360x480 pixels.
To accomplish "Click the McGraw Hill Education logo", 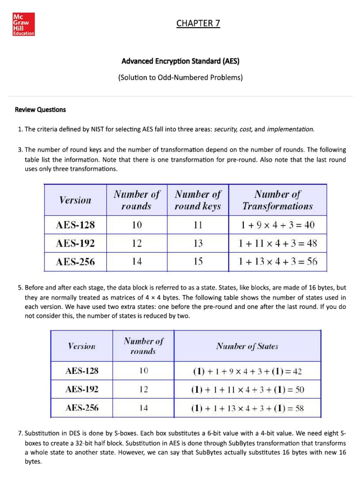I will [x=23, y=24].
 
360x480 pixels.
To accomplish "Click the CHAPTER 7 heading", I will [x=198, y=23].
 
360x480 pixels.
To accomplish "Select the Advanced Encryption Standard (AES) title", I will [x=180, y=61].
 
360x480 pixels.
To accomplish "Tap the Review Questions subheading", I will [x=40, y=110].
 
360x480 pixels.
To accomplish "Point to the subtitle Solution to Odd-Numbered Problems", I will [x=180, y=77].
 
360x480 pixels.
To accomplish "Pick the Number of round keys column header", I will [x=197, y=200].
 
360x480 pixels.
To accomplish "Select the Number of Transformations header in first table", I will [x=277, y=200].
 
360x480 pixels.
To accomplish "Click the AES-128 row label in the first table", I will [x=75, y=225].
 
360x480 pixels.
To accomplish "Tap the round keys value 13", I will [x=198, y=243].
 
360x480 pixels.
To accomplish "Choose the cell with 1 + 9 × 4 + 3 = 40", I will [x=277, y=225].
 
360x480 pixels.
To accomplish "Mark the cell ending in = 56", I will [x=277, y=262].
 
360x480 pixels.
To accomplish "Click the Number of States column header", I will [x=247, y=346].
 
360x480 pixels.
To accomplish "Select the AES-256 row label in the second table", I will [x=82, y=408].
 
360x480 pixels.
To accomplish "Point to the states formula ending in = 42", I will [x=247, y=372].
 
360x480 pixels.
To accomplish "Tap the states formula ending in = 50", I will [x=247, y=390].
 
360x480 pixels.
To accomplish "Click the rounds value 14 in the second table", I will [x=143, y=408].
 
